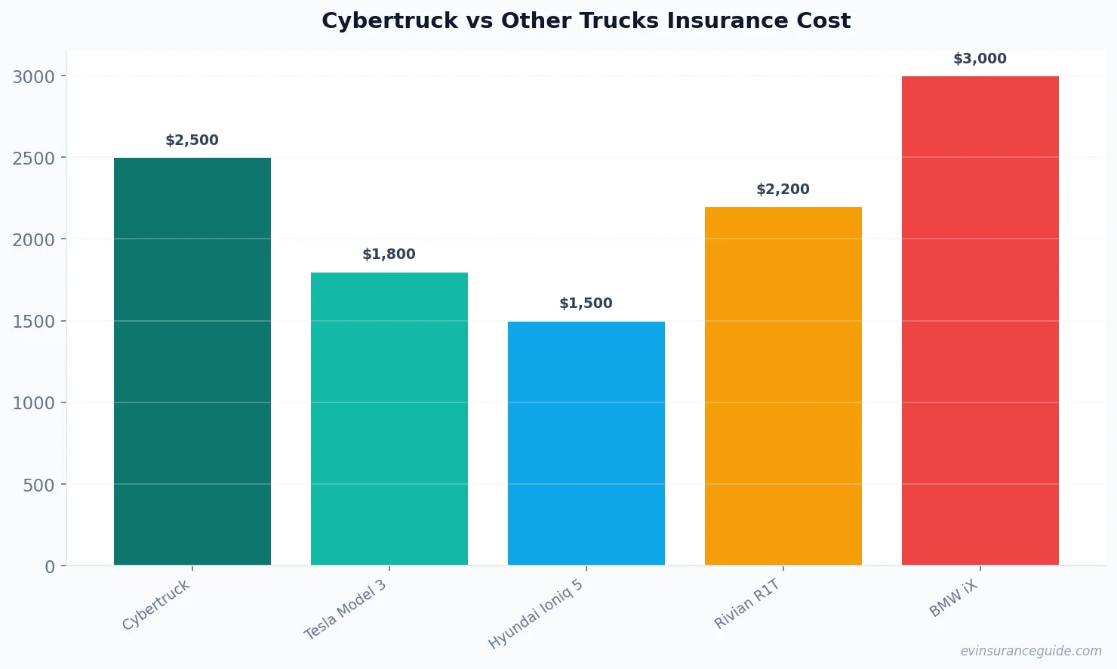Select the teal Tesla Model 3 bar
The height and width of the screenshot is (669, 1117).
[x=389, y=418]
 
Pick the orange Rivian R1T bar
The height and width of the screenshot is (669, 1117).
[x=783, y=386]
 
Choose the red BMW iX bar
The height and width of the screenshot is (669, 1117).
[x=980, y=320]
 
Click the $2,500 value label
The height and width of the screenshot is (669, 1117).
[x=192, y=140]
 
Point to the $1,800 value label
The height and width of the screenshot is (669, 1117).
[x=389, y=254]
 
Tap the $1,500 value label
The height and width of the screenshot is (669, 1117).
[x=586, y=304]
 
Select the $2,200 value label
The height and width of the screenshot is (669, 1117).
[x=783, y=190]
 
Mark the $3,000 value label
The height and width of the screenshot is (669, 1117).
[x=980, y=59]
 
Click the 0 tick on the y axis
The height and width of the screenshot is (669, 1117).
[x=50, y=567]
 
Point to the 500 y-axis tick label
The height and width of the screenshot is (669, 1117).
[x=38, y=486]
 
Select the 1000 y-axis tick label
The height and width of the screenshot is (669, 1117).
[x=34, y=403]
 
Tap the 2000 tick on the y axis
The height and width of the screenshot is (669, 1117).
[x=34, y=240]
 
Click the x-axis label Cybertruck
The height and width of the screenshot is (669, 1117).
[x=156, y=606]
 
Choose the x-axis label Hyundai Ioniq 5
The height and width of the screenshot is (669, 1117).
[x=536, y=615]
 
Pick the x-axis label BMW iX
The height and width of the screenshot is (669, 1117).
[x=953, y=600]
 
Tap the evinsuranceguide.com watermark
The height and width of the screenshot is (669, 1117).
[x=1031, y=651]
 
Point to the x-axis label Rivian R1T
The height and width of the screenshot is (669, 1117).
[x=746, y=604]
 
